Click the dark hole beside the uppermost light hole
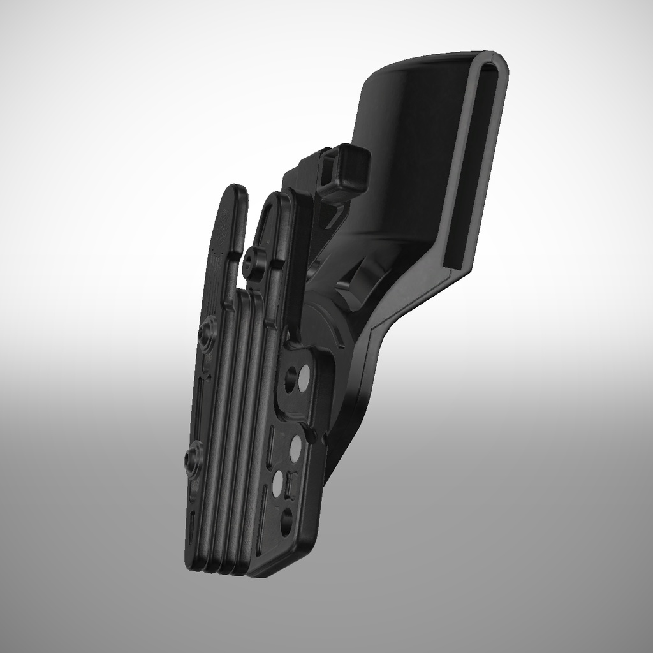pos(291,380)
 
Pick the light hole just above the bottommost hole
pos(278,484)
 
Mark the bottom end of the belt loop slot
pos(453,262)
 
